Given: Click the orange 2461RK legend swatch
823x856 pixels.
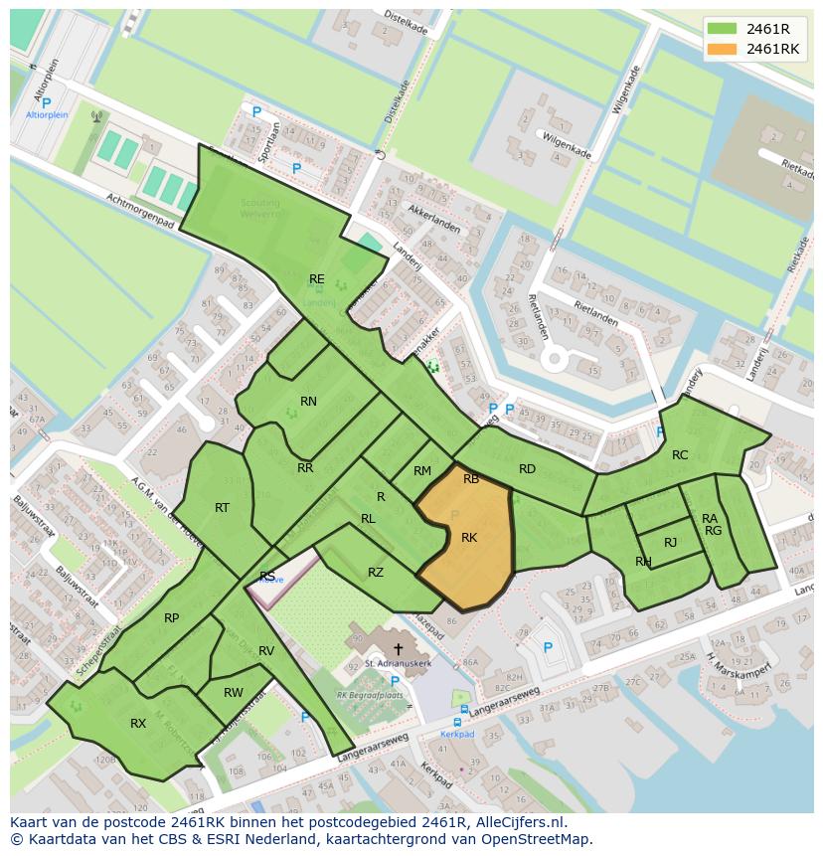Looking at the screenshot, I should pyautogui.click(x=722, y=49).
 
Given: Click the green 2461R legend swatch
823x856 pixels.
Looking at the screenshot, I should pyautogui.click(x=722, y=29).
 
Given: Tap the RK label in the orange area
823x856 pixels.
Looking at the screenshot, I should pyautogui.click(x=469, y=538).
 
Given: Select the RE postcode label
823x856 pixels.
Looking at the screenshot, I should pyautogui.click(x=316, y=279).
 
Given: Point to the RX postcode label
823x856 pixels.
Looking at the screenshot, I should pyautogui.click(x=138, y=724).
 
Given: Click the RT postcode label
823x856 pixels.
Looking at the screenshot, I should pyautogui.click(x=222, y=508).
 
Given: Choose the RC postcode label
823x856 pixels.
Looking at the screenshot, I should pyautogui.click(x=680, y=455).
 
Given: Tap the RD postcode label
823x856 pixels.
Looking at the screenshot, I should pyautogui.click(x=527, y=469).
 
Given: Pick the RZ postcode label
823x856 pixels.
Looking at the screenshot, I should pyautogui.click(x=376, y=572).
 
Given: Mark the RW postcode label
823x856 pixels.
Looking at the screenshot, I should pyautogui.click(x=234, y=693).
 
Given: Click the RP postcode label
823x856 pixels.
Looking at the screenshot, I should pyautogui.click(x=172, y=618).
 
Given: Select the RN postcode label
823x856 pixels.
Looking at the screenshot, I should pyautogui.click(x=308, y=402).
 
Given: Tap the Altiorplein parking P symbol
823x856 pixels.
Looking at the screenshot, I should pyautogui.click(x=46, y=102).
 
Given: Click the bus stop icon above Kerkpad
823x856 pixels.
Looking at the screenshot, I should pyautogui.click(x=459, y=723).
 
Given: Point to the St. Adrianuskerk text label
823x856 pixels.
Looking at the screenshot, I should pyautogui.click(x=398, y=662).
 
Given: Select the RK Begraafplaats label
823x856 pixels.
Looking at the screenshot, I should pyautogui.click(x=370, y=695).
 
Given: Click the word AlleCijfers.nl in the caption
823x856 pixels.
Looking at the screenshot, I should pyautogui.click(x=516, y=823).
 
